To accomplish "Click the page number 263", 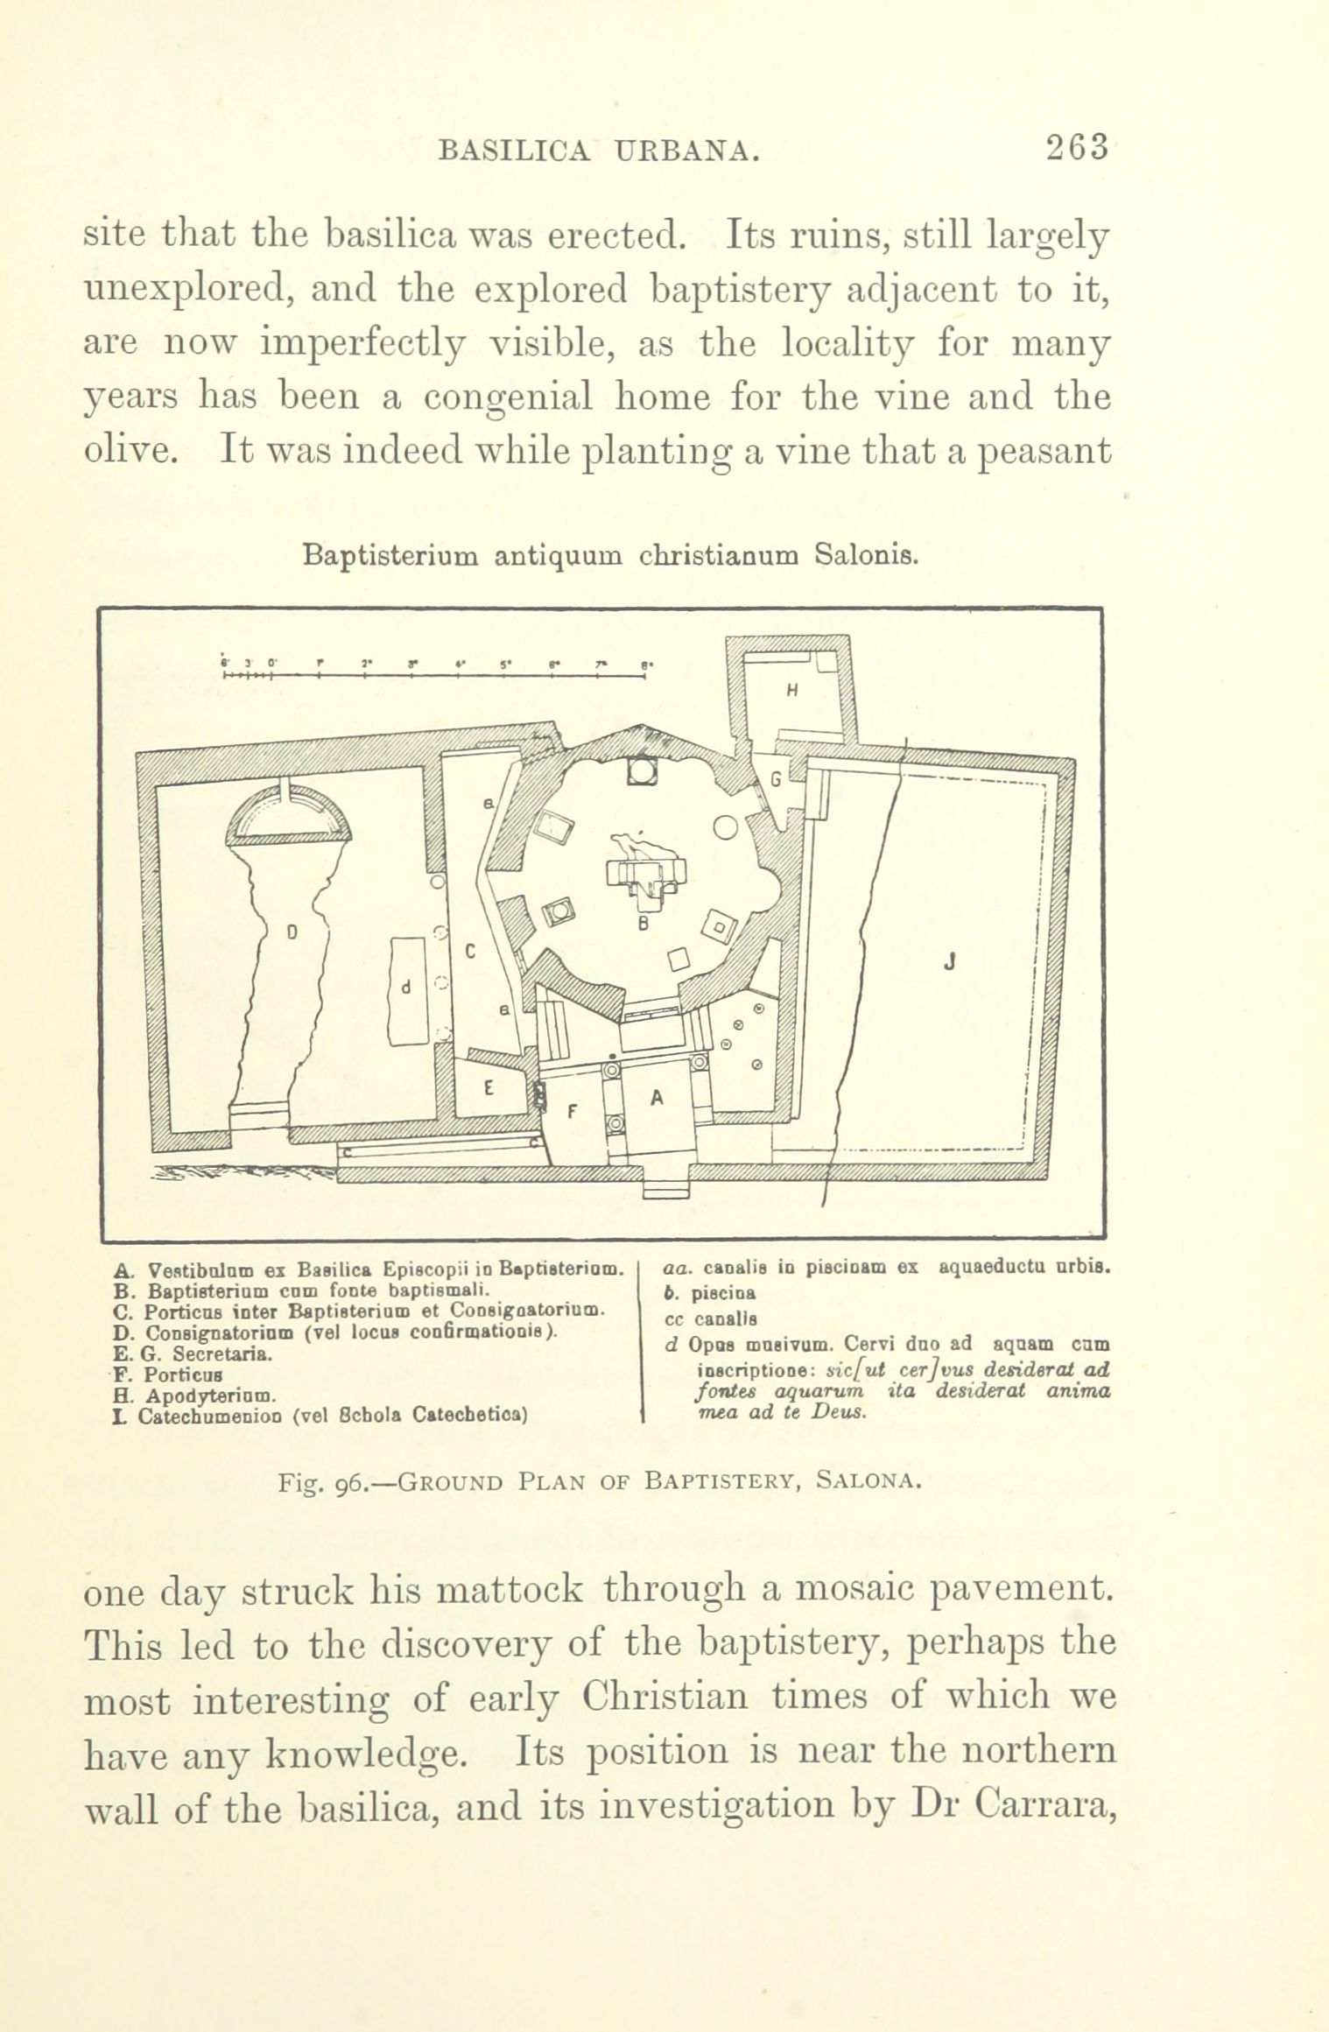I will pos(1076,146).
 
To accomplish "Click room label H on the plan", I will pos(791,689).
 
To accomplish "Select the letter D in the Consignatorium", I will pos(292,933).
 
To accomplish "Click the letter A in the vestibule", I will pos(656,1102).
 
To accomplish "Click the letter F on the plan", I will pos(573,1113).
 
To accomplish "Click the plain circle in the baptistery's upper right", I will pos(726,826).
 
